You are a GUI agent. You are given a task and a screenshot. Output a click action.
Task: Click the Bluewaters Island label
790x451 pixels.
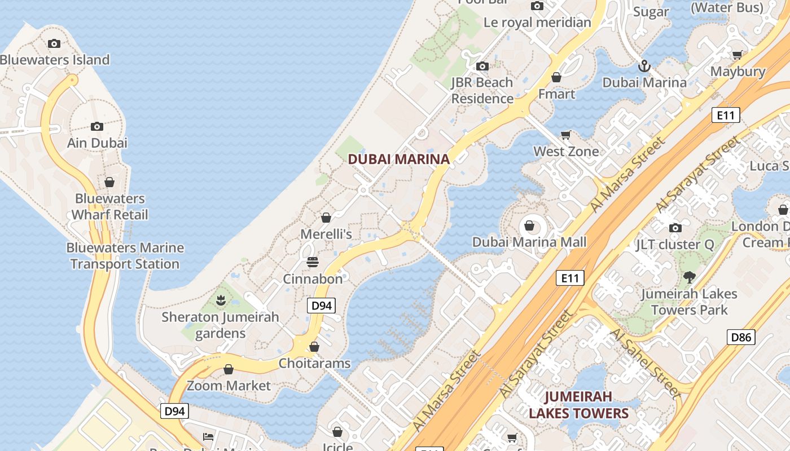point(55,60)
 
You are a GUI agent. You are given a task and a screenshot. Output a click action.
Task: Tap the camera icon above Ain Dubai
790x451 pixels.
point(97,126)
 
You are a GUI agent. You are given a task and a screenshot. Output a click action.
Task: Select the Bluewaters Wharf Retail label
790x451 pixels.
point(109,206)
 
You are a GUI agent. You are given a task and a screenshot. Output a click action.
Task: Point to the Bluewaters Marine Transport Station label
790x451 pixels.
point(125,255)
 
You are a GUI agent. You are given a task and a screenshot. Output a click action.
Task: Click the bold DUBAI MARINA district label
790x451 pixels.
point(398,159)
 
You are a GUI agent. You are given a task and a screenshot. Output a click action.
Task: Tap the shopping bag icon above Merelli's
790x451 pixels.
point(326,218)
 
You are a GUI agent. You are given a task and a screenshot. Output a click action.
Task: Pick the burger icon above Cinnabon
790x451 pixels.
point(312,262)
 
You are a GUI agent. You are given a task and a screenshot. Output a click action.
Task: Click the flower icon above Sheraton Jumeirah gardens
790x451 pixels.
point(221,300)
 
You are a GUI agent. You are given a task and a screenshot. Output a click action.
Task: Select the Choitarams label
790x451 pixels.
point(314,363)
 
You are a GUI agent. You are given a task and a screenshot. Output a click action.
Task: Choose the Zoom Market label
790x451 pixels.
point(229,386)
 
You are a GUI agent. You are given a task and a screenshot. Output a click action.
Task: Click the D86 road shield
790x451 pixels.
point(740,337)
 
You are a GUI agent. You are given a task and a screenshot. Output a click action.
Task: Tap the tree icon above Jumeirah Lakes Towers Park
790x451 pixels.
point(688,277)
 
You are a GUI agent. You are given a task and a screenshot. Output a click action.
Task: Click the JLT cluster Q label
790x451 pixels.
point(675,245)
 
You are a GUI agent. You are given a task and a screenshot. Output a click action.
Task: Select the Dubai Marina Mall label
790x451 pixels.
point(529,242)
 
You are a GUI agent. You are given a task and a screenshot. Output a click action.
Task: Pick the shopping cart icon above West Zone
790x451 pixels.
point(565,135)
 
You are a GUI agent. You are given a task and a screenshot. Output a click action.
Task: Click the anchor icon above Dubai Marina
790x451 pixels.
point(644,67)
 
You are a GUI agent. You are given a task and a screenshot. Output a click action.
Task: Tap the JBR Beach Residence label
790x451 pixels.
point(482,90)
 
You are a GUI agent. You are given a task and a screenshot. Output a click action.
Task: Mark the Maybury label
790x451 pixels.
point(737,72)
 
